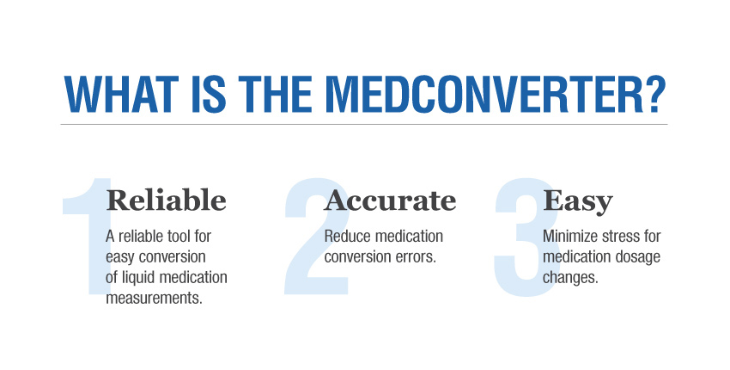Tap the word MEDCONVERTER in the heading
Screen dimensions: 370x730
[x=498, y=94]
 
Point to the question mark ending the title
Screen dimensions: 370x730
[x=653, y=94]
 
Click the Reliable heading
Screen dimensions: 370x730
[x=166, y=200]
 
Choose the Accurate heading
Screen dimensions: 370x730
[x=390, y=200]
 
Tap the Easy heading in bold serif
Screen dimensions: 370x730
[x=578, y=200]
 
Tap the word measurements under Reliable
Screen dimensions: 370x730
[x=154, y=298]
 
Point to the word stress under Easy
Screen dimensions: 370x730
[x=623, y=236]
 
